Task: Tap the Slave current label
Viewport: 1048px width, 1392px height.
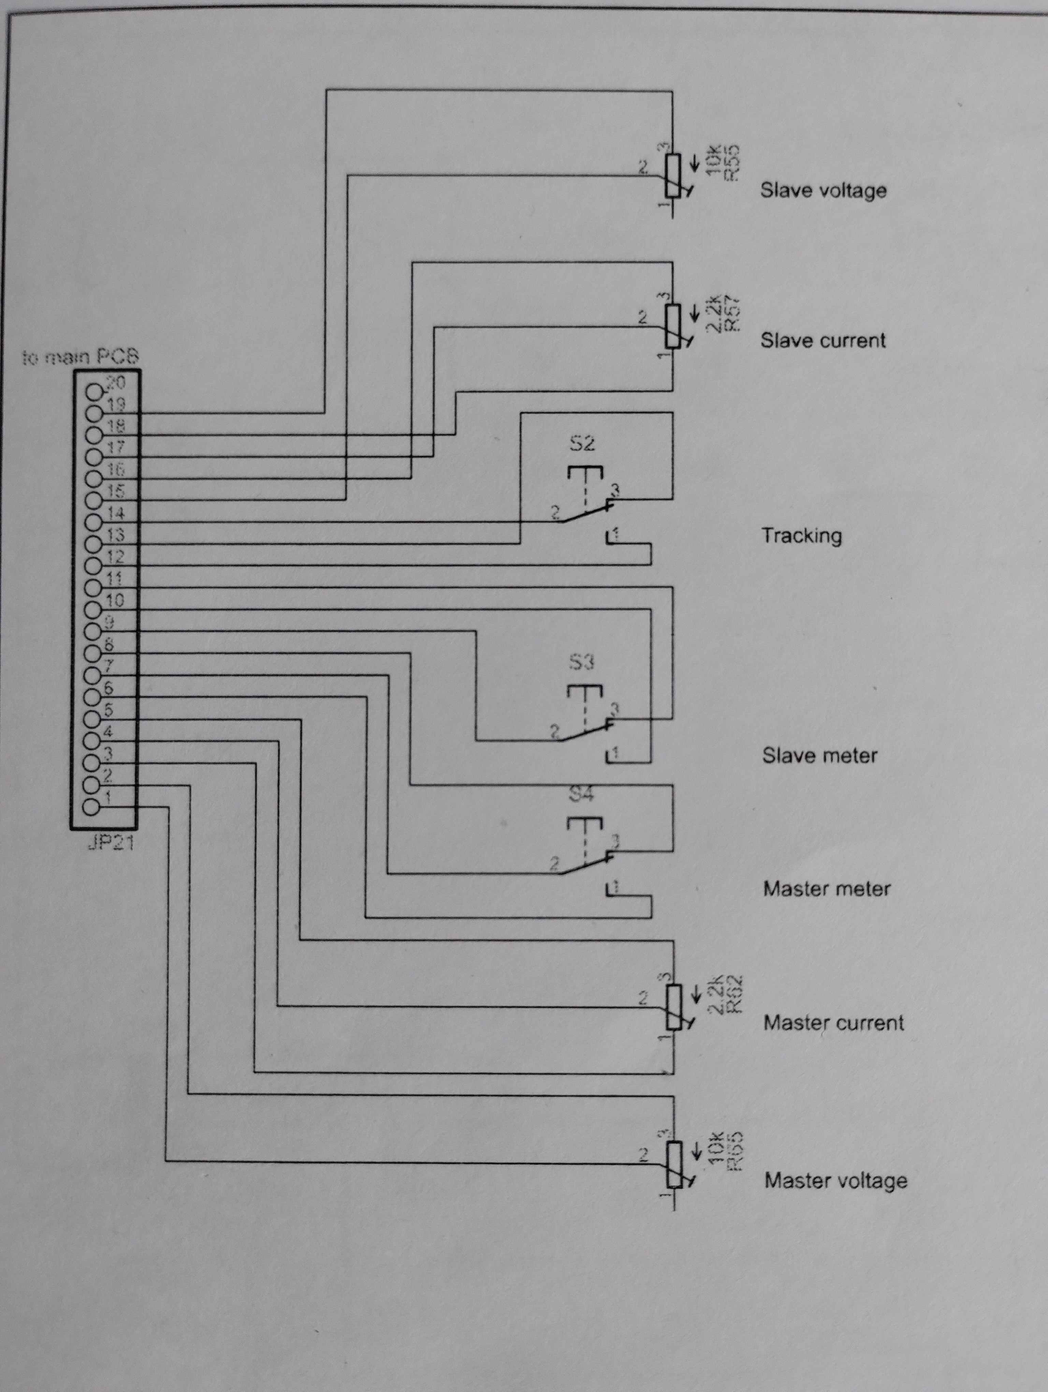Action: [x=823, y=340]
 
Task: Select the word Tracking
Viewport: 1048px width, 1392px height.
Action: [x=801, y=536]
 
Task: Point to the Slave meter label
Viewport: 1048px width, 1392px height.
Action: [x=820, y=755]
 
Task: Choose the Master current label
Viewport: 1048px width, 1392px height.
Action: [x=833, y=1023]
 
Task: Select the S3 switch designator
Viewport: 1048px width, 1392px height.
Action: [x=582, y=662]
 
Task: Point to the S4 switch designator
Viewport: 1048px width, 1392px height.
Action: [x=581, y=794]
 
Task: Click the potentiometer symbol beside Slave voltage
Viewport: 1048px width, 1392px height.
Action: [x=673, y=176]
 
